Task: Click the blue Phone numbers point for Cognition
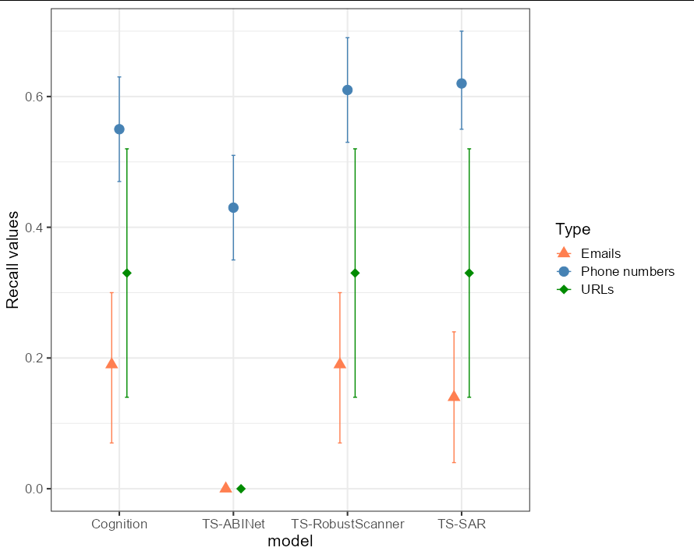(x=119, y=129)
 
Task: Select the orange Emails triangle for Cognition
(x=112, y=363)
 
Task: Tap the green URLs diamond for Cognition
(x=127, y=273)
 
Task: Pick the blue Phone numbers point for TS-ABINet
(x=233, y=208)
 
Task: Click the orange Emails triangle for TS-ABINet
(x=225, y=487)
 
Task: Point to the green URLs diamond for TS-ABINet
(x=241, y=489)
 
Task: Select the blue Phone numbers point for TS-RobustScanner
(x=348, y=90)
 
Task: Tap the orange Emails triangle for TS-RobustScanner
(x=340, y=363)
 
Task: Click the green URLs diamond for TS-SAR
(x=469, y=273)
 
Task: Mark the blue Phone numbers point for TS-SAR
(x=462, y=83)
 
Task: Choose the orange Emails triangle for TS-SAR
(x=454, y=396)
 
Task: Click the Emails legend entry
(x=600, y=253)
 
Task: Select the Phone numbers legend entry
(x=627, y=271)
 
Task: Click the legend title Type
(x=572, y=229)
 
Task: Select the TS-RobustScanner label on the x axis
(x=348, y=524)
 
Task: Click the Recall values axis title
(x=13, y=260)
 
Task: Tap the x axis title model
(x=290, y=542)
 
